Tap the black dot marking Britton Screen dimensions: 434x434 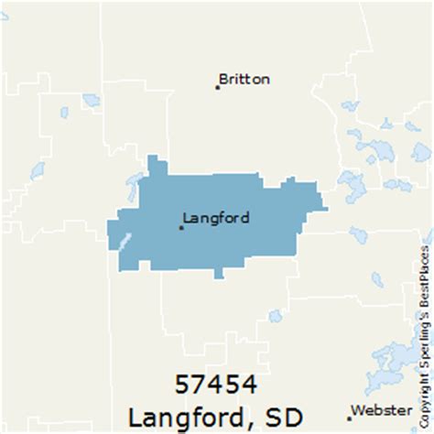pos(218,87)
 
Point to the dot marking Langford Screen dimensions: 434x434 pos(181,227)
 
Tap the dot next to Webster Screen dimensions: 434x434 pos(350,418)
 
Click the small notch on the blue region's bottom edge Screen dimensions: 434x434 pos(218,274)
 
